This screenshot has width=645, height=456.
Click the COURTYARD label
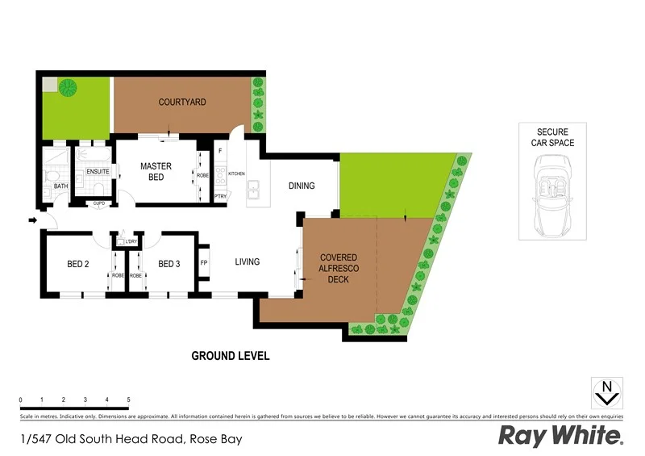[x=182, y=102]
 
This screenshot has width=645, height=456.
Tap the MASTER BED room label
[x=156, y=171]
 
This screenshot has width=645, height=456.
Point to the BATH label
[x=61, y=186]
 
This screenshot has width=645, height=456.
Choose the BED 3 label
[x=169, y=263]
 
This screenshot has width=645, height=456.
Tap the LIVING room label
[x=247, y=261]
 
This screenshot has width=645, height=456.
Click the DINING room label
[x=302, y=186]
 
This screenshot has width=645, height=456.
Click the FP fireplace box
[x=204, y=263]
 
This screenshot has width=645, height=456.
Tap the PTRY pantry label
[x=219, y=196]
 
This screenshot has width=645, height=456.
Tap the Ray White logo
[x=560, y=436]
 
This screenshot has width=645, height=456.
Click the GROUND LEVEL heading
[x=230, y=356]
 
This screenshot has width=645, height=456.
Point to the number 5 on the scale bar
[x=128, y=400]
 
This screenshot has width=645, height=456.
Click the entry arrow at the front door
[x=32, y=219]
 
